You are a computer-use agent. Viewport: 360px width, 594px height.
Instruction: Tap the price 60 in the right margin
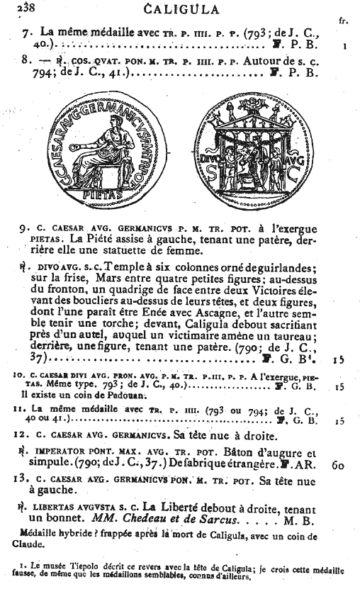pyautogui.click(x=338, y=466)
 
